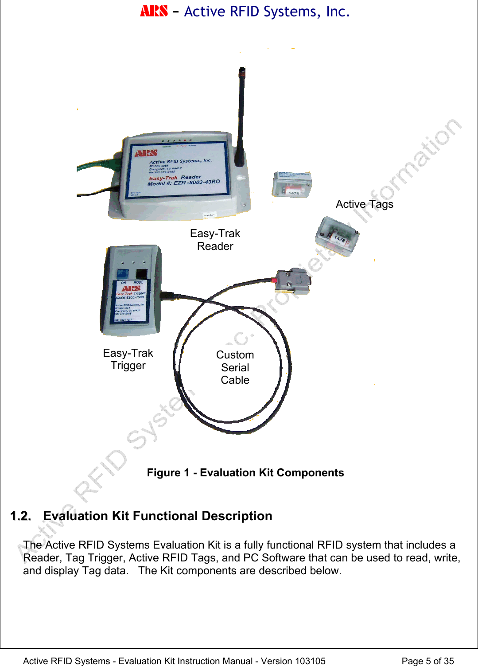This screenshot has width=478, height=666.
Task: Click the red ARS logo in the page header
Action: pyautogui.click(x=154, y=11)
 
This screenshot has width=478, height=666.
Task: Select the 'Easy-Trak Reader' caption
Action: pyautogui.click(x=215, y=240)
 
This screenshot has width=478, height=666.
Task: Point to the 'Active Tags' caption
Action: pyautogui.click(x=364, y=204)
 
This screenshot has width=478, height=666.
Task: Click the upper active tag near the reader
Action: pyautogui.click(x=292, y=184)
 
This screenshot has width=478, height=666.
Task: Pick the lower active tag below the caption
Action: pyautogui.click(x=337, y=236)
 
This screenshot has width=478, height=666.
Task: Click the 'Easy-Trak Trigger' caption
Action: pyautogui.click(x=128, y=359)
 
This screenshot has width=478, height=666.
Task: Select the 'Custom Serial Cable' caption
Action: pyautogui.click(x=235, y=367)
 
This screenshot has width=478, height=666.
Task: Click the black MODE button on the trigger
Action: pyautogui.click(x=141, y=274)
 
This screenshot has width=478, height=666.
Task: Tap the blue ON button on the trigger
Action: pyautogui.click(x=122, y=274)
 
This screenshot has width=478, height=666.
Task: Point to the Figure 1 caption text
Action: pyautogui.click(x=245, y=473)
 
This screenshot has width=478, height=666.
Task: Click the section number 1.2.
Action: pyautogui.click(x=20, y=516)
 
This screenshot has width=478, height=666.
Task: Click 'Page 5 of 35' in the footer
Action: pyautogui.click(x=427, y=661)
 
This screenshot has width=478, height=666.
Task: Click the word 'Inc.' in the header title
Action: pyautogui.click(x=338, y=12)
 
